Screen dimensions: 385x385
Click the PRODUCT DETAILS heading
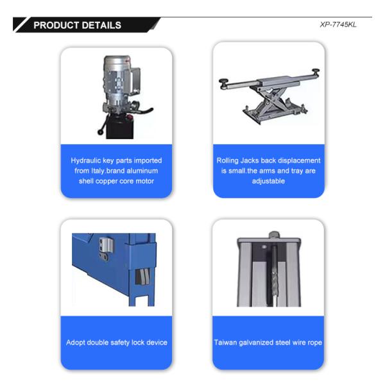tap(77, 26)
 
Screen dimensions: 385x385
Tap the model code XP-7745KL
tap(338, 25)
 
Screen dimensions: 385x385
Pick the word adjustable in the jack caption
tap(268, 181)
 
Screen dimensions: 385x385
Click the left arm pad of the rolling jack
tap(223, 82)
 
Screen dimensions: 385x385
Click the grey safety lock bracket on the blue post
tap(105, 246)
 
